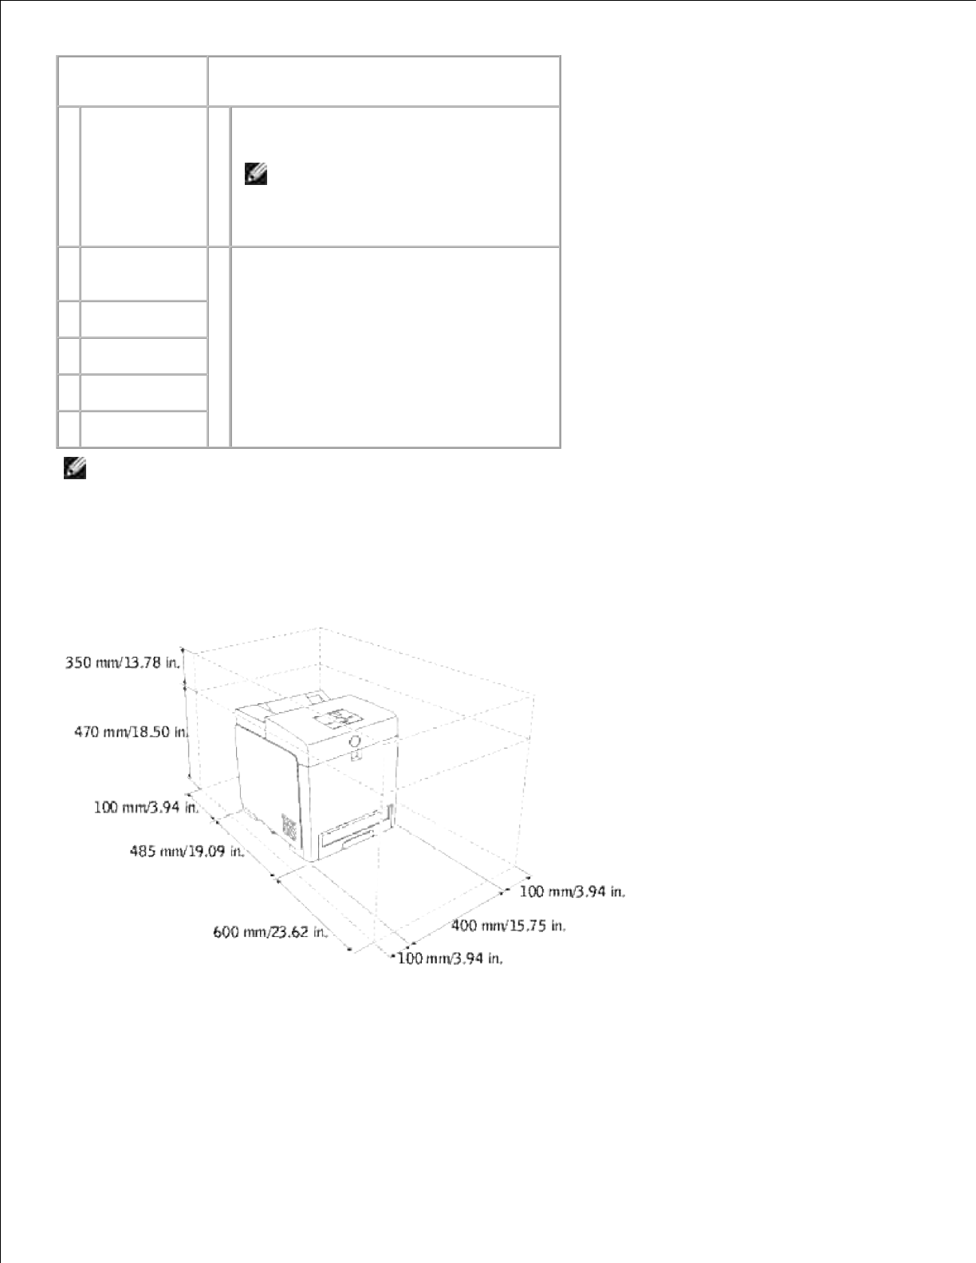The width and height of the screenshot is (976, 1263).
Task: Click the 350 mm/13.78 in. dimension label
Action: click(x=123, y=663)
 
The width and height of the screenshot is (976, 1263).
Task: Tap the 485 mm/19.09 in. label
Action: click(x=187, y=852)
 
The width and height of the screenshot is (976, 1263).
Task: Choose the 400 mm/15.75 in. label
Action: click(x=509, y=926)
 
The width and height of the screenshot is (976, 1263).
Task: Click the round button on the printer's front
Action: click(x=356, y=742)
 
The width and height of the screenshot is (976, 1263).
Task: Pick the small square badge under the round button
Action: click(x=356, y=756)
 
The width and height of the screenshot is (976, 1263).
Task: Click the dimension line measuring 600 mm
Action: click(x=312, y=911)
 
